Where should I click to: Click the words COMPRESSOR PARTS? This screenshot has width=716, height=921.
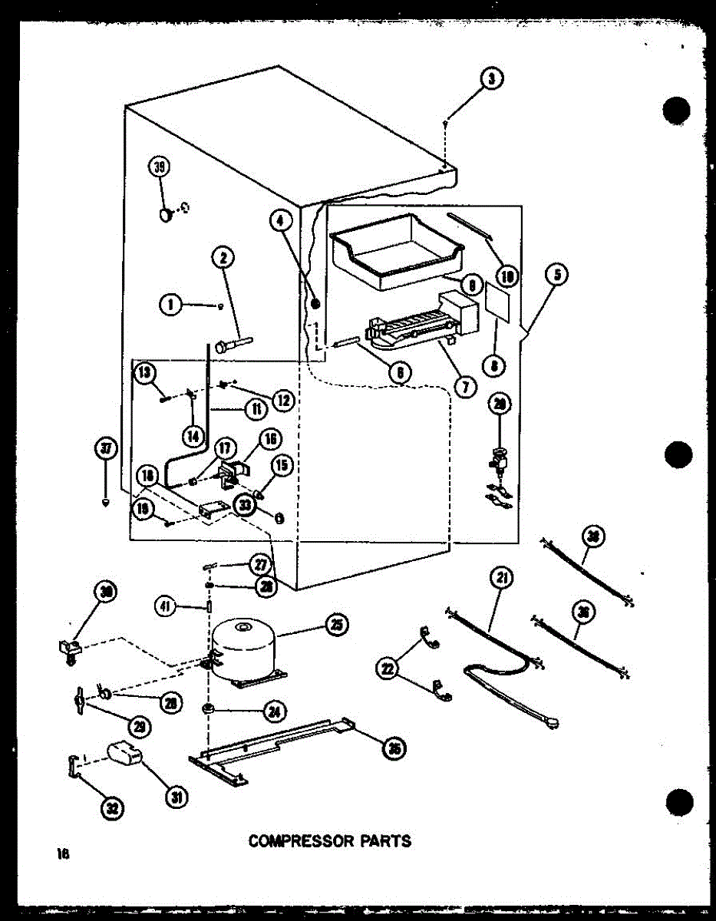[x=329, y=840]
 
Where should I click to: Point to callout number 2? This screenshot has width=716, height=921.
[x=223, y=259]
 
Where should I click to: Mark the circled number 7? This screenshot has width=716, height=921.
[x=464, y=386]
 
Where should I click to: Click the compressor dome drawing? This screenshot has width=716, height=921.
[x=242, y=649]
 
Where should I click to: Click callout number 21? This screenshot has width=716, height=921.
[x=503, y=578]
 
